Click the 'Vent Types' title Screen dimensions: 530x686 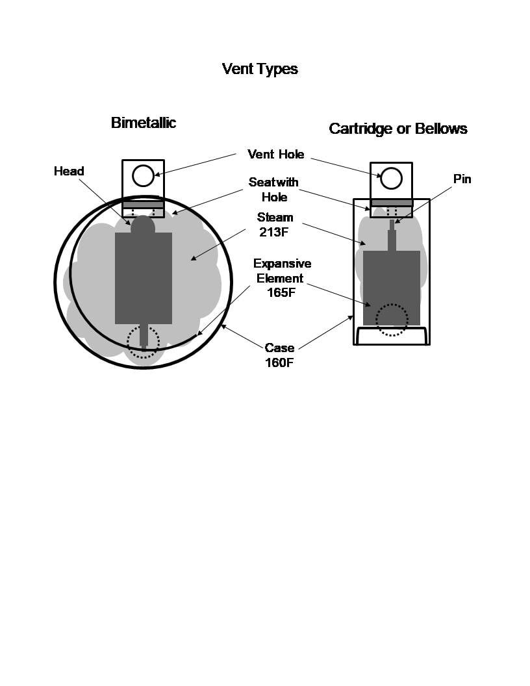[x=260, y=69]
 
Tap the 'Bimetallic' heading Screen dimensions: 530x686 [x=144, y=123]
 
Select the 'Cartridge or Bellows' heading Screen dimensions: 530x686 [x=398, y=129]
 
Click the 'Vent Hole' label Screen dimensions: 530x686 [x=276, y=154]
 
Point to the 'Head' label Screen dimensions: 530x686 [x=69, y=171]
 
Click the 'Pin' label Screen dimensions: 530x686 [x=462, y=179]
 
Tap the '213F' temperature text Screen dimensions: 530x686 [x=273, y=232]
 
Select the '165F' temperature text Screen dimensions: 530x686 [x=281, y=292]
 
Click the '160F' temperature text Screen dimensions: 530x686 [x=279, y=362]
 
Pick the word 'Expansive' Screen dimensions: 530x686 [x=282, y=263]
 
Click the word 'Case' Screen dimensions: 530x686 [x=279, y=348]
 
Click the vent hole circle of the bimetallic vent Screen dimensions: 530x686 [x=143, y=176]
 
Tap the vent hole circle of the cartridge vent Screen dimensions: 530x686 [x=392, y=179]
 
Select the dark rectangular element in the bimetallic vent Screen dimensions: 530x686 [x=144, y=278]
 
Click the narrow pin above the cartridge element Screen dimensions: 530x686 [x=392, y=235]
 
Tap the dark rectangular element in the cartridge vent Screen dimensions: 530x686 [x=392, y=288]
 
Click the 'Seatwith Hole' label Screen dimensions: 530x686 [x=273, y=190]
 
